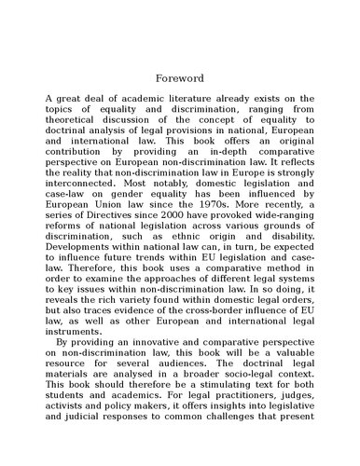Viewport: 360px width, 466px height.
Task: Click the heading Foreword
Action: (179, 76)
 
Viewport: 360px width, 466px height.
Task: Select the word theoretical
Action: (77, 119)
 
